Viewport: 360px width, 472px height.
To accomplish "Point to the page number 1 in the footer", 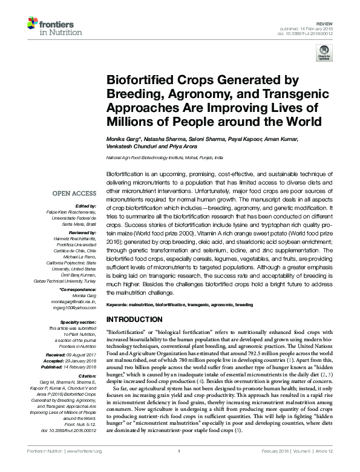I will pyautogui.click(x=180, y=467).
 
